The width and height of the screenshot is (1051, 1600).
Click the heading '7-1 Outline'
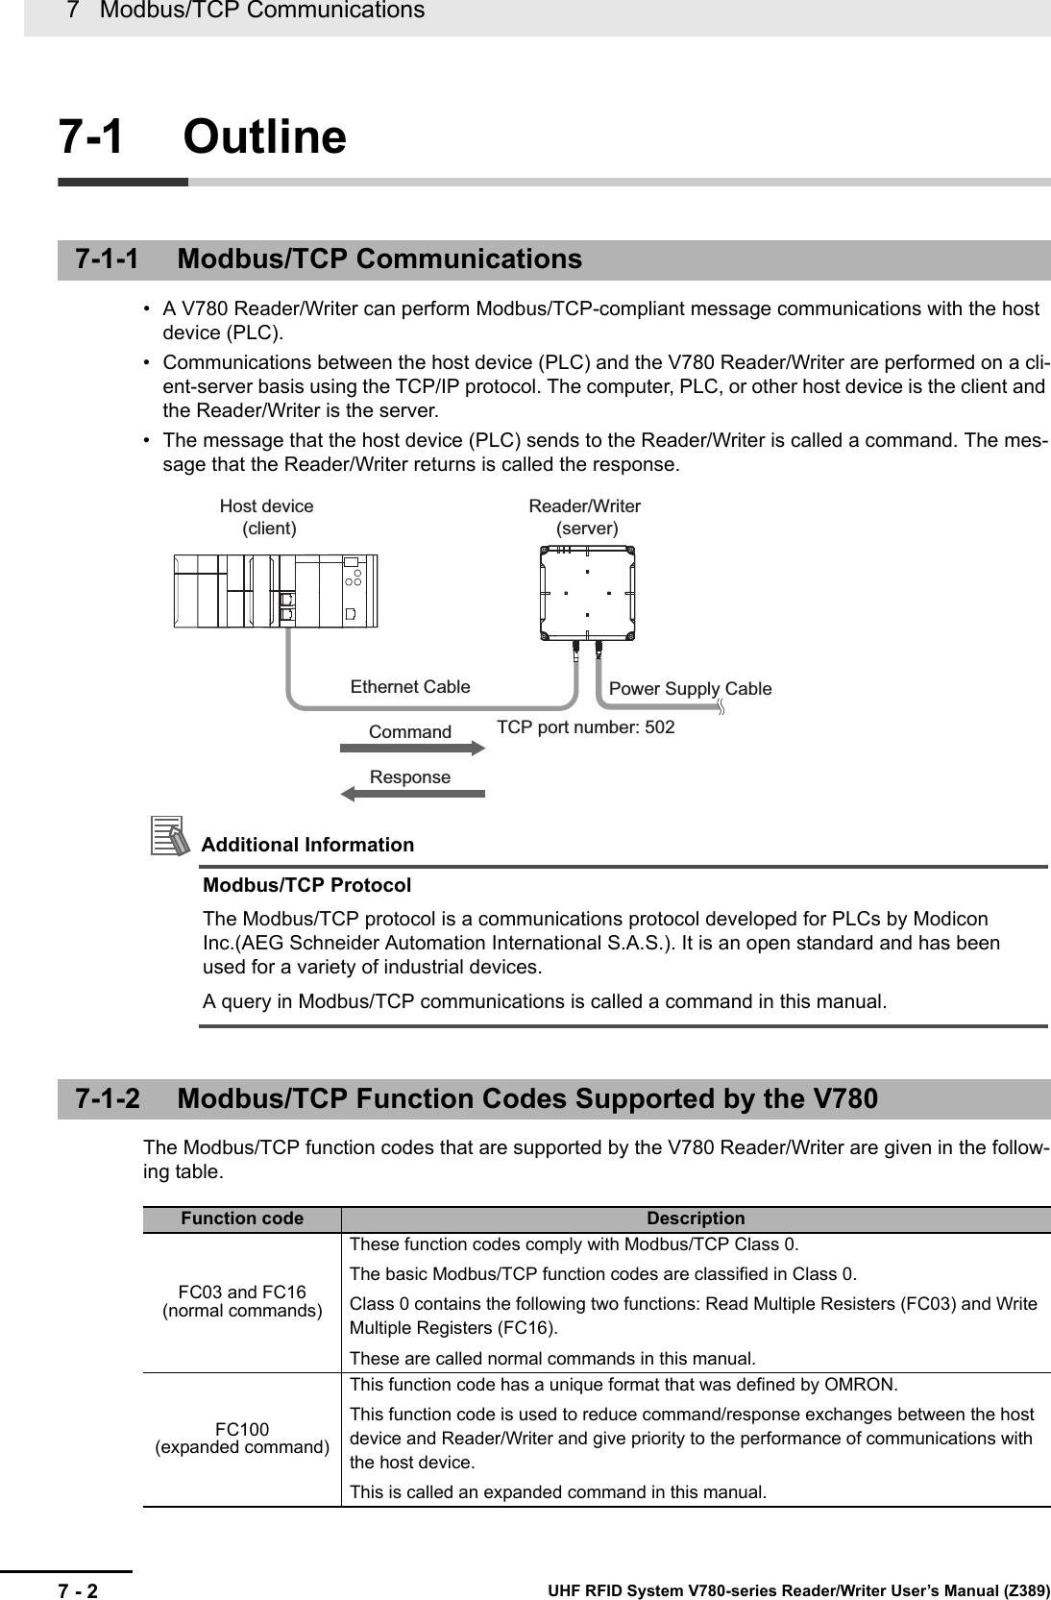point(203,136)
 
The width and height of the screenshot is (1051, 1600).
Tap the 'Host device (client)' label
point(267,517)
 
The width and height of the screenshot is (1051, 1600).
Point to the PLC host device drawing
point(276,590)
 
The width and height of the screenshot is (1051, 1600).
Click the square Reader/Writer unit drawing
point(586,592)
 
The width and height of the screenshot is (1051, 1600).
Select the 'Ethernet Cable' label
point(410,686)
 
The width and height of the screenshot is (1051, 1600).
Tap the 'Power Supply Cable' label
point(690,688)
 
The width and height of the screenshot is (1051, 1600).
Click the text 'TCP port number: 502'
point(585,727)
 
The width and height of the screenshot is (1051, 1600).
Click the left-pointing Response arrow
point(414,794)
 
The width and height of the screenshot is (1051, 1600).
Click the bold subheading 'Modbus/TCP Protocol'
point(306,884)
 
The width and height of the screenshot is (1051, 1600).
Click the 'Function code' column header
point(242,1218)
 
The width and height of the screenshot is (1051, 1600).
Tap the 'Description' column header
point(696,1218)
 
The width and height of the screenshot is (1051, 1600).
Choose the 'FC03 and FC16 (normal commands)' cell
point(242,1301)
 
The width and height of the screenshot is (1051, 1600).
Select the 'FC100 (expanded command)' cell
point(242,1438)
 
